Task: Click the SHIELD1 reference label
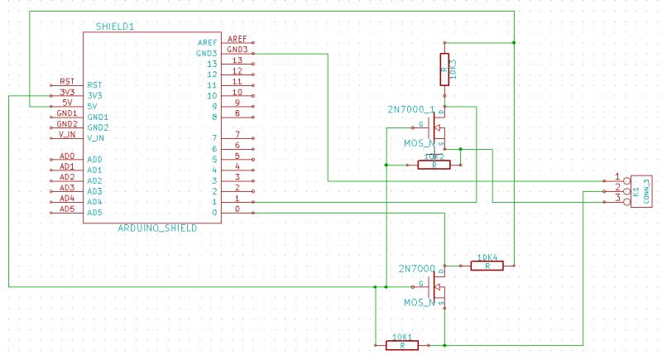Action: (115, 26)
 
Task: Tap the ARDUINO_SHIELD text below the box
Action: (157, 228)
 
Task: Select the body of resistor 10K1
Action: (402, 345)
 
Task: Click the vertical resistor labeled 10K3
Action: (446, 70)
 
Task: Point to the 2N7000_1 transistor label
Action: (410, 109)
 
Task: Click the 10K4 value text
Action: (488, 256)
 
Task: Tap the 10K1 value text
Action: (402, 337)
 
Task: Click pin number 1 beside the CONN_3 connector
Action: (617, 177)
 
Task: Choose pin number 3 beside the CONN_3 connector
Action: (617, 199)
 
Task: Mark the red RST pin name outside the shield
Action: (67, 82)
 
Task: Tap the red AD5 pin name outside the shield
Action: (67, 209)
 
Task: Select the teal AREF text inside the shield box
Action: (207, 42)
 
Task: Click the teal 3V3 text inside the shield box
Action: (94, 95)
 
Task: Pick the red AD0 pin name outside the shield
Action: (67, 156)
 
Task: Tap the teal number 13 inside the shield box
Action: (211, 64)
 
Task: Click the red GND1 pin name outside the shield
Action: (67, 113)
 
